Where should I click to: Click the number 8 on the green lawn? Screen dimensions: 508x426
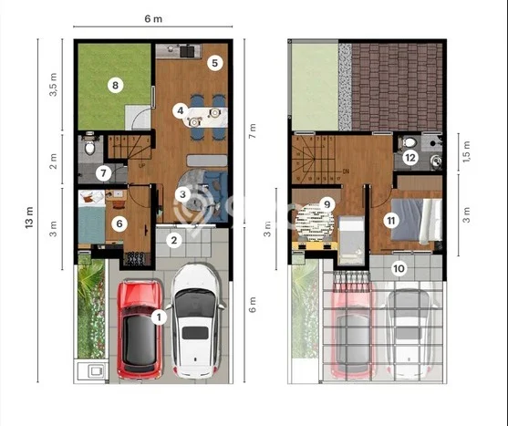(115, 86)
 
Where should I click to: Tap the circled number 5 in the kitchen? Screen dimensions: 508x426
(215, 63)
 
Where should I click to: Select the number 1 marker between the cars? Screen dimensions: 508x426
(159, 317)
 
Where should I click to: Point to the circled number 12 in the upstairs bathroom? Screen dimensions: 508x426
(410, 158)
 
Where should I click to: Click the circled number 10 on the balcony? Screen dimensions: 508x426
(399, 268)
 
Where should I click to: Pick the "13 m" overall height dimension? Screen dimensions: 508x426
(29, 217)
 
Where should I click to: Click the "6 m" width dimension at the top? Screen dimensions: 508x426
(153, 19)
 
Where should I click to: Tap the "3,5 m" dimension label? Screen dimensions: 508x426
(54, 85)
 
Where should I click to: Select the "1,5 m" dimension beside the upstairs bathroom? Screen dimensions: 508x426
(467, 151)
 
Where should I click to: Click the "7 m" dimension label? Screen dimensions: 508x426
(253, 130)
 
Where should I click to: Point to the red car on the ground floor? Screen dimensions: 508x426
(140, 328)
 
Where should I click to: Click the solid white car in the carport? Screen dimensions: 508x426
(196, 321)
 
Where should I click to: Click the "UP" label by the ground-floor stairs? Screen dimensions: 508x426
(141, 165)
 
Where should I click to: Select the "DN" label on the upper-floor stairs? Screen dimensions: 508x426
(346, 171)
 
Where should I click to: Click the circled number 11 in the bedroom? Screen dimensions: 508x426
(391, 221)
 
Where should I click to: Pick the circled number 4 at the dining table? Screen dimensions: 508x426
(181, 110)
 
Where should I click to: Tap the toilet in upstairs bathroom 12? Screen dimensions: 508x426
(409, 142)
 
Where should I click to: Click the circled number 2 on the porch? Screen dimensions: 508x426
(174, 241)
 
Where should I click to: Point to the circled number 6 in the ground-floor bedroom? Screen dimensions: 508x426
(119, 223)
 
